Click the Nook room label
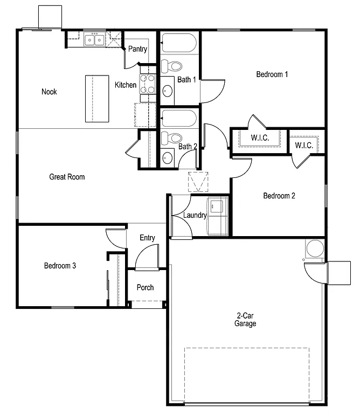coord(49,92)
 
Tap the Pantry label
coord(137,50)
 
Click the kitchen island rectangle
coord(97,99)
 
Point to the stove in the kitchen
coord(147,84)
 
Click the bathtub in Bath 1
coord(179,43)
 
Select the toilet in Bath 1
coord(172,66)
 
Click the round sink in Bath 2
coord(168,158)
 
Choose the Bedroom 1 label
coord(272,74)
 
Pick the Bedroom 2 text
coord(279,196)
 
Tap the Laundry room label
coord(195,216)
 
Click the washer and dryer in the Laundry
coord(218,216)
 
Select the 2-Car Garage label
coord(245,320)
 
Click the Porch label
coord(145,288)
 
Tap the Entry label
coord(147,238)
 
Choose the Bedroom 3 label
coord(60,266)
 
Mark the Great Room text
coord(67,177)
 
